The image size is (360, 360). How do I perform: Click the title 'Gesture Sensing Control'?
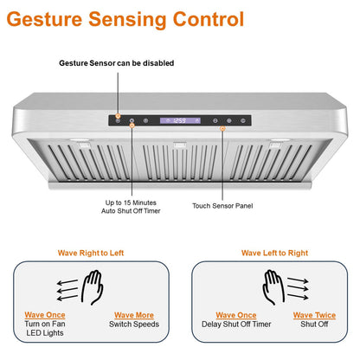127,19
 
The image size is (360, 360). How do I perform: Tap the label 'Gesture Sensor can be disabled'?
116,63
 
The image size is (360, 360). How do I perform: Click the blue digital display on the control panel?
180,121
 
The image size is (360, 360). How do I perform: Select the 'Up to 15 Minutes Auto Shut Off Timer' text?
132,209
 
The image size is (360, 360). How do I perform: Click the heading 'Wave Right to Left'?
91,253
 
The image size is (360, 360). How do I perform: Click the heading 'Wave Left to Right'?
273,253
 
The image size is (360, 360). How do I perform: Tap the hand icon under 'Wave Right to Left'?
92,288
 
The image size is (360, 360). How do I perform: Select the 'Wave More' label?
132,316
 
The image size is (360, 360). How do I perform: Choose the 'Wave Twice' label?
314,316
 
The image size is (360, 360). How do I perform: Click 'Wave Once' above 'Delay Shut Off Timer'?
235,316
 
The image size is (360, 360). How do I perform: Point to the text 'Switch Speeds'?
132,325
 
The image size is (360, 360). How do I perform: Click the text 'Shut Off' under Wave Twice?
314,325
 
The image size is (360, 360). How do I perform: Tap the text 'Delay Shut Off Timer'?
235,325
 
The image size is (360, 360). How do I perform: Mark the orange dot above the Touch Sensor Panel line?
223,127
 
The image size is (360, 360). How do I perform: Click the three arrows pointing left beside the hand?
66,288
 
